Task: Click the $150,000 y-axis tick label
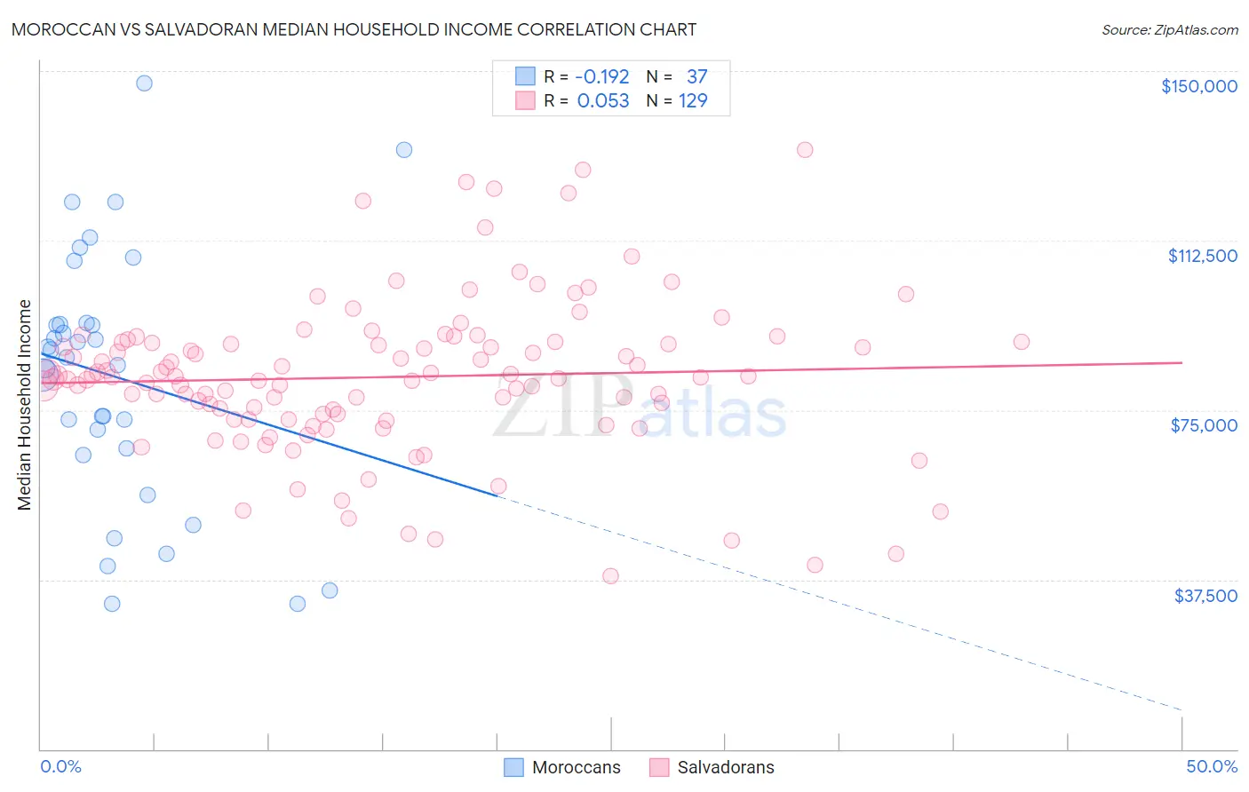1198,86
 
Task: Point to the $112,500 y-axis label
1202,256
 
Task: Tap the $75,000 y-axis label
1204,425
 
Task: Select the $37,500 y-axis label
1205,596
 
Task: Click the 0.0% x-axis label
60,766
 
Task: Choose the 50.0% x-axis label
1211,766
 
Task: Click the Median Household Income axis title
25,405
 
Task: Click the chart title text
354,29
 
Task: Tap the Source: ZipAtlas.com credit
1169,29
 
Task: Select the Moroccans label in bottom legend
576,767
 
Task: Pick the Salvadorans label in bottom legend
725,767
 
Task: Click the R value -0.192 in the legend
602,77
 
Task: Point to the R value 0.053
603,101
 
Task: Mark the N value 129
693,101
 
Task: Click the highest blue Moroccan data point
144,83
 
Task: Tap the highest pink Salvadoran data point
805,150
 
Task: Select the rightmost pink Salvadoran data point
1022,342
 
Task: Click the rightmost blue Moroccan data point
404,150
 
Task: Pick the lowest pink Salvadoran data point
610,576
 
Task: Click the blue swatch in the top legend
525,77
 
